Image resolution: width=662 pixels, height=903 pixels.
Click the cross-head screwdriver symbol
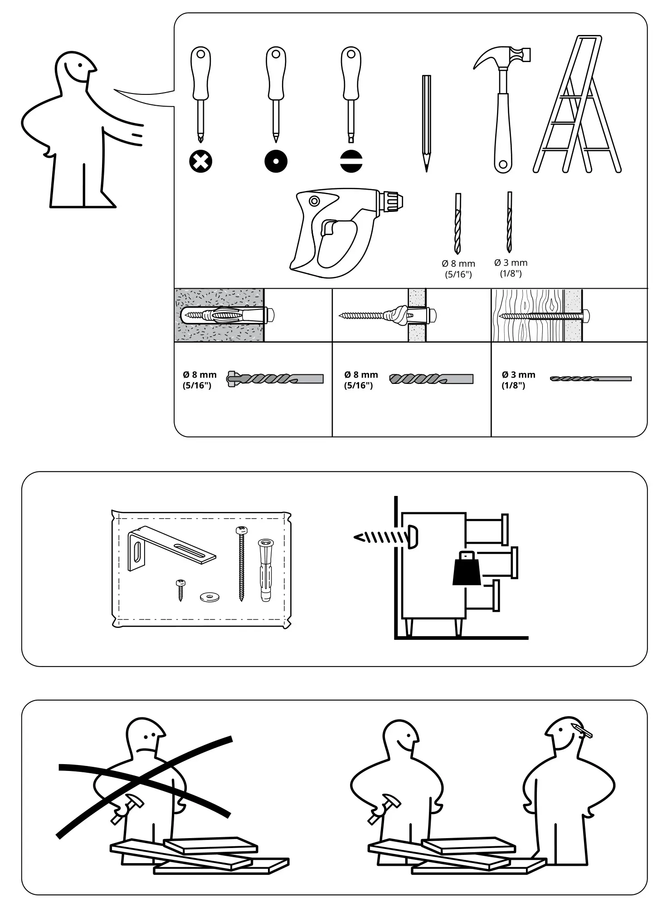click(200, 161)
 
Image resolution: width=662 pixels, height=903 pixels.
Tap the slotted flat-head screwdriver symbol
click(351, 161)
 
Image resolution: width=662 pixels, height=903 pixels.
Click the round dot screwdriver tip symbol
click(276, 161)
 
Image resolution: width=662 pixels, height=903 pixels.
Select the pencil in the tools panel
click(426, 123)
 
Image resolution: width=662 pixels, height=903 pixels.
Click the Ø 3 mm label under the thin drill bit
click(511, 263)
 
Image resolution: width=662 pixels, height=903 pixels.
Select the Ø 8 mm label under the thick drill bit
click(458, 264)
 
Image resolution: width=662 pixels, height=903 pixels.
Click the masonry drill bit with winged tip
click(275, 378)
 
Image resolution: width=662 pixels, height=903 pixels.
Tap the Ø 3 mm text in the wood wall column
click(518, 375)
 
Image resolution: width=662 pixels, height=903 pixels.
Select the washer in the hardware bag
click(209, 597)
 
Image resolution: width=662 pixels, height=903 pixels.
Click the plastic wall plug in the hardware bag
click(266, 569)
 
